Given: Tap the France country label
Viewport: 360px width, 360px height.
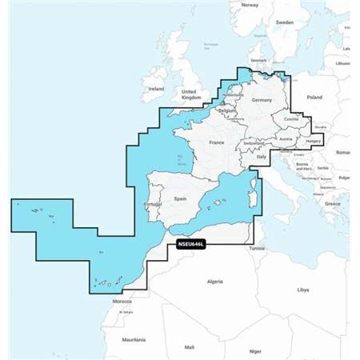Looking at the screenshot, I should (216, 142).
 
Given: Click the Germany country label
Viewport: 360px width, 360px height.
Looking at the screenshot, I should (262, 101).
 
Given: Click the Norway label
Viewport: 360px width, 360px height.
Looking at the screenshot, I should (250, 5).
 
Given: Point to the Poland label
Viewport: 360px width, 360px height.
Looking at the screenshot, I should (314, 97).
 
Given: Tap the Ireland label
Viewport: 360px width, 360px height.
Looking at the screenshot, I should (156, 89).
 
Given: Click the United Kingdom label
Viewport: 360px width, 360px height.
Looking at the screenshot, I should (189, 94).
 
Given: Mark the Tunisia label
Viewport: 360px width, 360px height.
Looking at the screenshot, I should (256, 249).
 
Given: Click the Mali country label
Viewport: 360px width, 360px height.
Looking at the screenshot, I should (189, 346).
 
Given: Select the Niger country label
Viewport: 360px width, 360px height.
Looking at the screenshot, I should (255, 350).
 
